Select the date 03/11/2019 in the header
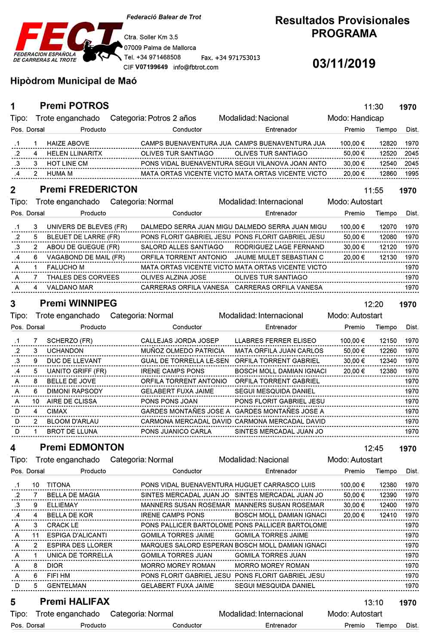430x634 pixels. pos(344,64)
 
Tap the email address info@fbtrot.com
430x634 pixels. pos(196,67)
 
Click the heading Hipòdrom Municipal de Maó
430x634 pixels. pos(74,81)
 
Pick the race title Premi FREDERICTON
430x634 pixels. pos(89,190)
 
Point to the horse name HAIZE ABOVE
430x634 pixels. pos(68,143)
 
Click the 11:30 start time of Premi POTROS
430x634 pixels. pos(373,107)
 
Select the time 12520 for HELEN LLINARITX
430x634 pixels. pos(388,153)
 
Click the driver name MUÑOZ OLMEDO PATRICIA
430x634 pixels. pos(182,351)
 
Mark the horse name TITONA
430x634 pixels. pos(58,485)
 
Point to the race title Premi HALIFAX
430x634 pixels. pos(74,602)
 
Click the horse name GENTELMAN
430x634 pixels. pos(66,586)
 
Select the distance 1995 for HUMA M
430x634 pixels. pos(411,174)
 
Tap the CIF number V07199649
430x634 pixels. pos(151,67)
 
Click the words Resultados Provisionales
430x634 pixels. pos(342,20)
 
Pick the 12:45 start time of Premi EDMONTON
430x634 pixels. pos(373,449)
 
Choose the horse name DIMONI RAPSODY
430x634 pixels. pos(74,391)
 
